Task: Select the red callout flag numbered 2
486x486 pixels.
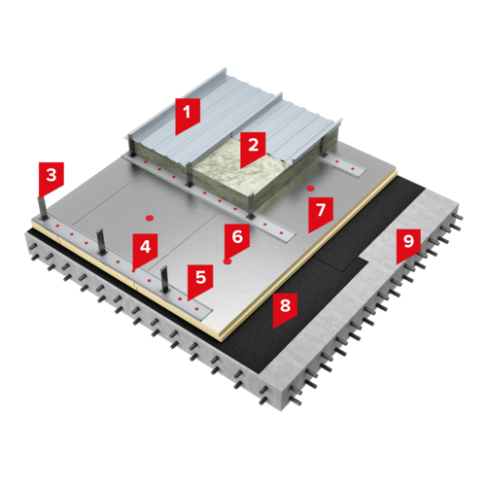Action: point(253,148)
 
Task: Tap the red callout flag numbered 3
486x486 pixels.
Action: point(52,178)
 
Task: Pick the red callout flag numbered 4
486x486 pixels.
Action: point(145,250)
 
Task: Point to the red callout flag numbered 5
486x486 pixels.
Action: point(200,280)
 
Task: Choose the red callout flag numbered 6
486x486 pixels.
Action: point(237,239)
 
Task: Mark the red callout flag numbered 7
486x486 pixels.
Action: point(321,212)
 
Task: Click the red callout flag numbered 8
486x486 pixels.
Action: point(285,308)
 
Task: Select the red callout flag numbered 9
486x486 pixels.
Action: point(408,244)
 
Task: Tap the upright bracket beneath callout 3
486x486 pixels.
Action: point(43,209)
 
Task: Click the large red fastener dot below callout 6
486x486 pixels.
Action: point(227,261)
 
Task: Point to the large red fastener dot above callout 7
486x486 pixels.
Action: point(311,188)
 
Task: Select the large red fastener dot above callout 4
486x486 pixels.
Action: point(150,218)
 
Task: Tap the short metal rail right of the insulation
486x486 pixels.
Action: point(342,164)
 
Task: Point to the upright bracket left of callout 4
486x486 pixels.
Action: point(100,242)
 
